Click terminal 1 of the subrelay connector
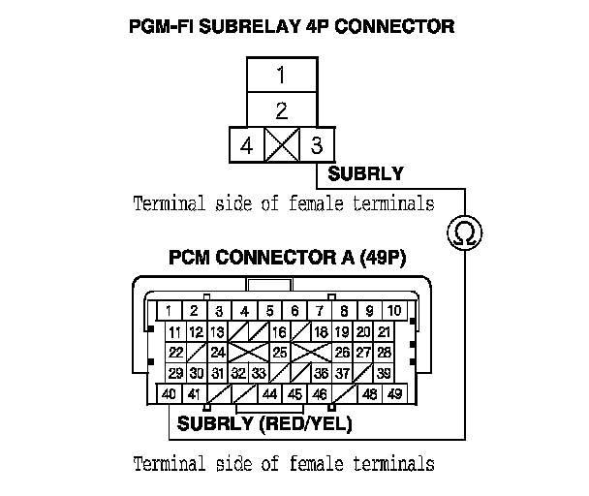click(x=280, y=76)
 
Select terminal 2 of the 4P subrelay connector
click(x=280, y=109)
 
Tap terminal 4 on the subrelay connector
click(x=246, y=147)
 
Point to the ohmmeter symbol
click(x=464, y=232)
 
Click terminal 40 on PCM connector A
click(x=169, y=394)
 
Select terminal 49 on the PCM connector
click(x=394, y=394)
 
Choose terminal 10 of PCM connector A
click(x=394, y=311)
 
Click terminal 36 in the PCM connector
click(x=320, y=374)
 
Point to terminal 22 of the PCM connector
click(x=175, y=353)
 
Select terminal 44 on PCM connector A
click(x=269, y=394)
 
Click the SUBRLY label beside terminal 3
click(x=365, y=175)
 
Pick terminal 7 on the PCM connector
click(x=319, y=311)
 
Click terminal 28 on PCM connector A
click(x=385, y=353)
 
